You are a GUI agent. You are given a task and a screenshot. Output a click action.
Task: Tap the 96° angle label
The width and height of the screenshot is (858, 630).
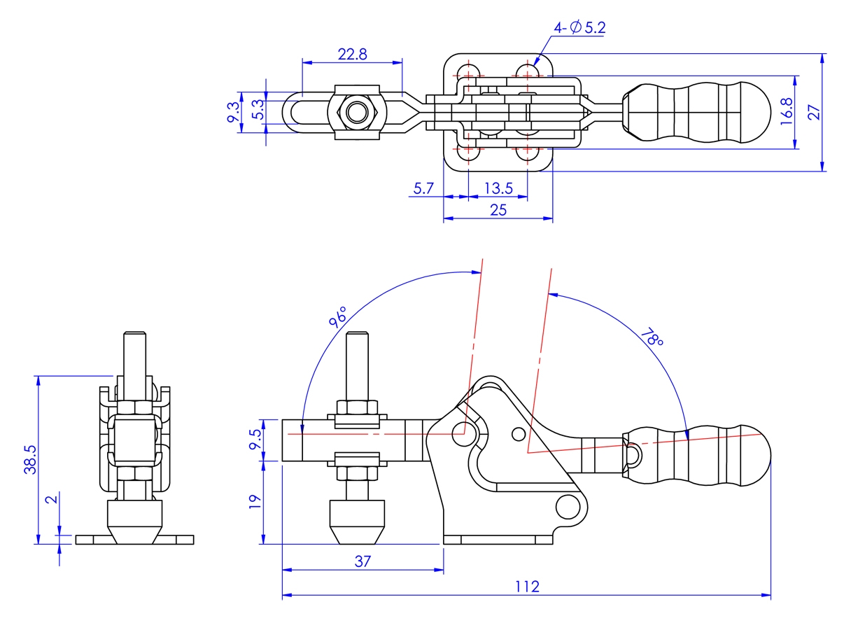click(339, 317)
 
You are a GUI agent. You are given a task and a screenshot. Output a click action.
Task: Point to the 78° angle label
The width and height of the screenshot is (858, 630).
click(651, 339)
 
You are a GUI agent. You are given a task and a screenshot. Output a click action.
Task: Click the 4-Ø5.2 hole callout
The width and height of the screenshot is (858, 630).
click(579, 29)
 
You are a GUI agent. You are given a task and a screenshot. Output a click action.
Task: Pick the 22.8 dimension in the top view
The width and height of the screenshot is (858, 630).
click(352, 54)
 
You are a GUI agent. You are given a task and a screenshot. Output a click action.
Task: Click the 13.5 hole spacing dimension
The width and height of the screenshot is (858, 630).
click(498, 188)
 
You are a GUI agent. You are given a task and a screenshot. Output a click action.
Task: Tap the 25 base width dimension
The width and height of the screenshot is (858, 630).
click(498, 209)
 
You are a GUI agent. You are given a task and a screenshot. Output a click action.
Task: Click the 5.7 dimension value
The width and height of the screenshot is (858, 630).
click(424, 188)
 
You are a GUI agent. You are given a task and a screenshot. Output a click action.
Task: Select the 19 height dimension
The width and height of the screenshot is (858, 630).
click(255, 500)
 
